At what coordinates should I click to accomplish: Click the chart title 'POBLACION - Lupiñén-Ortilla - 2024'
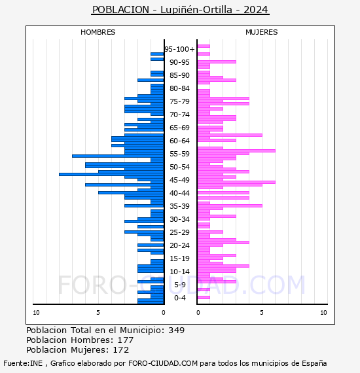(x=180, y=10)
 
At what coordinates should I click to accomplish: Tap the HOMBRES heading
(x=98, y=32)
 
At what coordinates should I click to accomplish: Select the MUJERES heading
(x=262, y=32)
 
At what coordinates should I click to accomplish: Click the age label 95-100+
(x=179, y=49)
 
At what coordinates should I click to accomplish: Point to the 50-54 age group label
(x=179, y=167)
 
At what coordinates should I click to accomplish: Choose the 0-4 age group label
(x=179, y=298)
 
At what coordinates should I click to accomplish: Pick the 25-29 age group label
(x=179, y=232)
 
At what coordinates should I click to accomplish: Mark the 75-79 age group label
(x=179, y=101)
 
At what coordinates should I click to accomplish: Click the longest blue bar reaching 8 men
(x=111, y=174)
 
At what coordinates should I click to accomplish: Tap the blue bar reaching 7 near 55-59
(x=118, y=156)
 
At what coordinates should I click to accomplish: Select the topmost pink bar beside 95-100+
(x=204, y=46)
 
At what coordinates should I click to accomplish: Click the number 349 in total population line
(x=176, y=330)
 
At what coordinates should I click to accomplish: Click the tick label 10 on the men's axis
(x=36, y=313)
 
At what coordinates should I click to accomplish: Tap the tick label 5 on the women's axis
(x=262, y=313)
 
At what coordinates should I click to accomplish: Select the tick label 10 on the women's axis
(x=323, y=313)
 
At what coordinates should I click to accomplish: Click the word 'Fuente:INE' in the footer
(x=23, y=363)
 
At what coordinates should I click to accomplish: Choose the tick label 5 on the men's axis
(x=98, y=313)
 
